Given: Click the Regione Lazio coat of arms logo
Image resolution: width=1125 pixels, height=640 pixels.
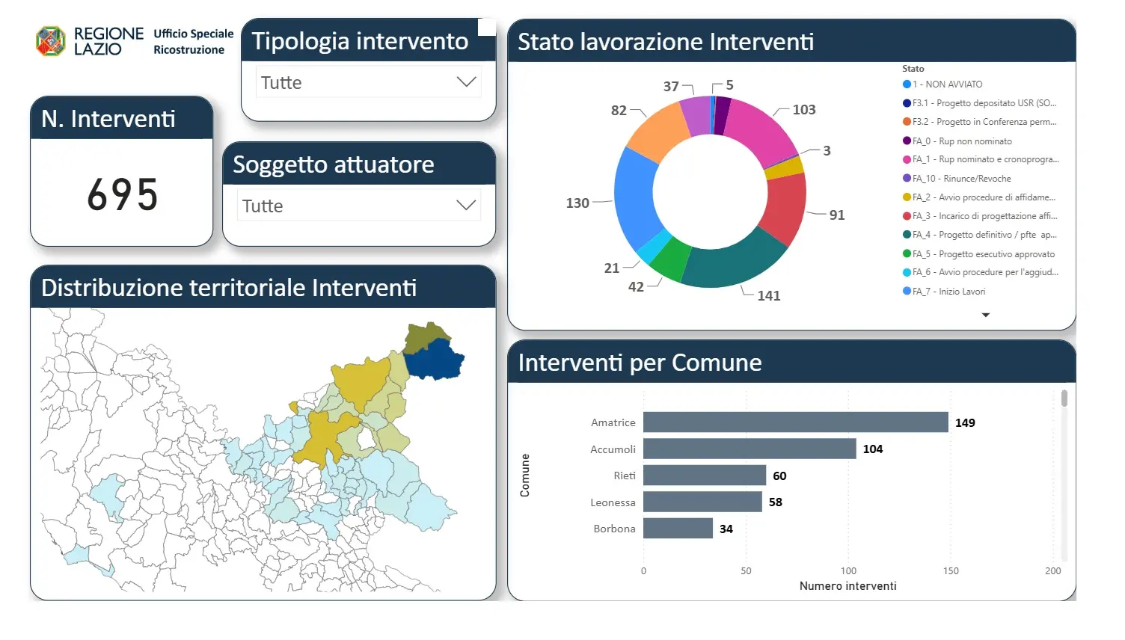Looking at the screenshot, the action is click(x=51, y=41).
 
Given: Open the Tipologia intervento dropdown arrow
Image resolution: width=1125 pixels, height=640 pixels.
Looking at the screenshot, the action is click(x=466, y=81).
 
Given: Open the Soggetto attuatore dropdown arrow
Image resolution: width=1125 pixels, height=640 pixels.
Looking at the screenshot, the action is click(x=466, y=205).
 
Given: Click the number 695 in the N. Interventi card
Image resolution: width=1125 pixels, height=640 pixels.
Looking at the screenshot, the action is click(x=122, y=194).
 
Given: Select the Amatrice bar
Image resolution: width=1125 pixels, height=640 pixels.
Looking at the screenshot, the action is click(x=796, y=422).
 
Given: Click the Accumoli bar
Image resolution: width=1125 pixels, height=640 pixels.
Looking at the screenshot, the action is click(x=750, y=449).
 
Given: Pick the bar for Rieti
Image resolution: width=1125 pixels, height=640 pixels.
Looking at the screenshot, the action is click(x=705, y=476).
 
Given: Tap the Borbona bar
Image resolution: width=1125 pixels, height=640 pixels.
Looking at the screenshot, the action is click(x=678, y=529).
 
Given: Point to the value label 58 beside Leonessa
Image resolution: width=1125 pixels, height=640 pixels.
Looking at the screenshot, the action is click(x=776, y=502).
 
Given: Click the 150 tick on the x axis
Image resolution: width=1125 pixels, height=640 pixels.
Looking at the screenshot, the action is click(x=951, y=570).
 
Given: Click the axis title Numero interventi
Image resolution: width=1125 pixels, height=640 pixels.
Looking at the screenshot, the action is click(x=847, y=585).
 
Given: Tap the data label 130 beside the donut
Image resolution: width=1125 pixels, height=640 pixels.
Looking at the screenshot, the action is click(x=577, y=203).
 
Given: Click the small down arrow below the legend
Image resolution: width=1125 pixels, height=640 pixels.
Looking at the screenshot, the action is click(x=985, y=315).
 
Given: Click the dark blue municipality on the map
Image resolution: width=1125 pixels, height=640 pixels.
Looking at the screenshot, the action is click(x=434, y=360).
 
